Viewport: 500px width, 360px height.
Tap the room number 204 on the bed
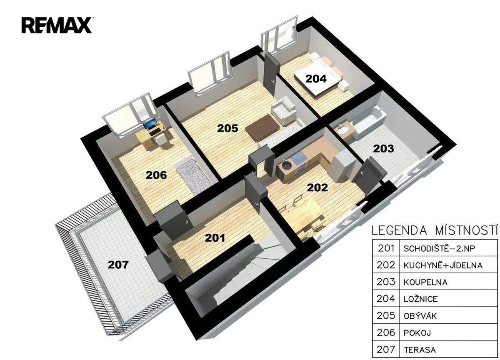point(316,79)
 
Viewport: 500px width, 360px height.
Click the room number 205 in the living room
point(227,128)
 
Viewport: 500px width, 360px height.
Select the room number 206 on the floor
point(156,175)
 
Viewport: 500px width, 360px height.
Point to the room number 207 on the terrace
point(118,265)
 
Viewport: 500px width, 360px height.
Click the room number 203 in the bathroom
point(383,149)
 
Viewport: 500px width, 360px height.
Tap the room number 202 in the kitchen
point(317,187)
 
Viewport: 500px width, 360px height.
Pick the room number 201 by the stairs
point(215,238)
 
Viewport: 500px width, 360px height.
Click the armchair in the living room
point(284,111)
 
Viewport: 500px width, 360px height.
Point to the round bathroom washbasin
point(342,129)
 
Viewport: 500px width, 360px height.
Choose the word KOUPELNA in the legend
point(425,282)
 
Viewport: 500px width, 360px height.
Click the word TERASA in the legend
point(420,350)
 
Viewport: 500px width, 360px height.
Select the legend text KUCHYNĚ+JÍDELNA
point(443,265)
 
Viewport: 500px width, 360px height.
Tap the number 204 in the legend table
point(386,299)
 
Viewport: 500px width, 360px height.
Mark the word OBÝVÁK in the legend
point(420,316)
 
